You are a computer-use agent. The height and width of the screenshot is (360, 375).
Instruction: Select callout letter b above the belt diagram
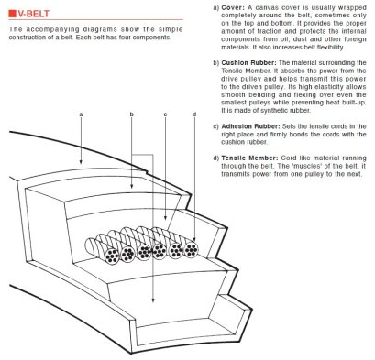pyautogui.click(x=132, y=115)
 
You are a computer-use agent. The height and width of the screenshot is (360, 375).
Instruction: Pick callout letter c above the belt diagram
pyautogui.click(x=164, y=115)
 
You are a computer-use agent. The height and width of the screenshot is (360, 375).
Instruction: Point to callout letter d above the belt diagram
pyautogui.click(x=194, y=115)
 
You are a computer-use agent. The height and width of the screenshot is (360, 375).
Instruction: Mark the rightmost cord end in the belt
pyautogui.click(x=192, y=248)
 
